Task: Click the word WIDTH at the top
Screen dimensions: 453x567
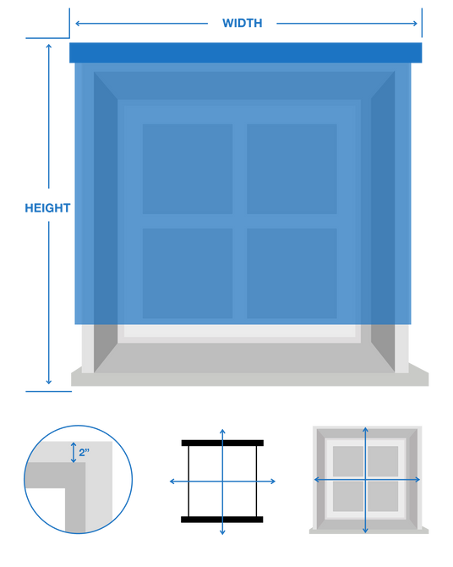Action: pyautogui.click(x=242, y=23)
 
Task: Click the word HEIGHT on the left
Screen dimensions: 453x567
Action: pyautogui.click(x=47, y=208)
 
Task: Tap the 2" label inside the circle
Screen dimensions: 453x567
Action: pyautogui.click(x=85, y=453)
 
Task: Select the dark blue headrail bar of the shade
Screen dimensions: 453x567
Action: pyautogui.click(x=246, y=52)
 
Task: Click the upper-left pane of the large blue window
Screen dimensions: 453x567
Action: pyautogui.click(x=188, y=169)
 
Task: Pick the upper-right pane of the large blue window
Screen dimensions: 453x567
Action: pyautogui.click(x=292, y=169)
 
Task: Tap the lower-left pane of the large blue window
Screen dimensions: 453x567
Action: pyautogui.click(x=188, y=273)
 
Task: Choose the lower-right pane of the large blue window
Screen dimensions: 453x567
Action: pyautogui.click(x=292, y=273)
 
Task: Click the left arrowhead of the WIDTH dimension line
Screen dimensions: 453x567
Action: pyautogui.click(x=77, y=24)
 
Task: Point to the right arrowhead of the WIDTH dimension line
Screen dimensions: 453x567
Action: pyautogui.click(x=415, y=24)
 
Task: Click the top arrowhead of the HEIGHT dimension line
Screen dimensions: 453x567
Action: pyautogui.click(x=49, y=46)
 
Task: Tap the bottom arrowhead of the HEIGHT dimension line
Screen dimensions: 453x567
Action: pyautogui.click(x=49, y=382)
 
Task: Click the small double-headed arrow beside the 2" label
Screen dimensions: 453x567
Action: pyautogui.click(x=74, y=453)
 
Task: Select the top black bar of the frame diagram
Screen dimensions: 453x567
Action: pyautogui.click(x=222, y=443)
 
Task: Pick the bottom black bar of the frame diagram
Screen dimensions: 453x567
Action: pyautogui.click(x=222, y=520)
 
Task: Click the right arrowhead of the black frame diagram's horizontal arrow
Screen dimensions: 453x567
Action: pyautogui.click(x=273, y=482)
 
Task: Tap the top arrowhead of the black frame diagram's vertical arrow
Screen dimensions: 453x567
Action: pyautogui.click(x=222, y=432)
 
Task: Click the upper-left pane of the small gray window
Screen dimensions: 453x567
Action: pyautogui.click(x=348, y=461)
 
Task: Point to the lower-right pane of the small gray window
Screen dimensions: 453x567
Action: pyautogui.click(x=383, y=496)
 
